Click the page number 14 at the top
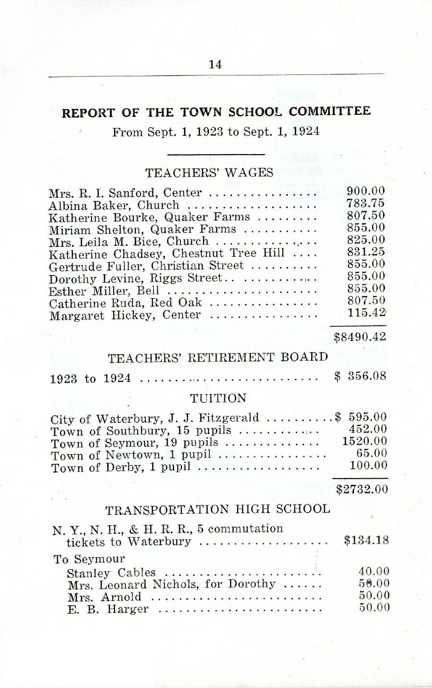(x=216, y=65)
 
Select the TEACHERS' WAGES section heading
(x=209, y=172)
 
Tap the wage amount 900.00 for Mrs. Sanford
(x=366, y=192)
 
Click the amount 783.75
(x=366, y=204)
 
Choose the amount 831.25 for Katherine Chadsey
(x=366, y=252)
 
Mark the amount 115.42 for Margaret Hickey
(x=366, y=313)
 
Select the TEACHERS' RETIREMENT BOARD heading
(x=218, y=358)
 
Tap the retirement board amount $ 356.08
(x=360, y=377)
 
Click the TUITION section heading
(x=218, y=398)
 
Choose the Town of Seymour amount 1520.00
(x=364, y=441)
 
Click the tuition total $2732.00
(x=361, y=489)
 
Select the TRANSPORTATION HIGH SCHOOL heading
(x=217, y=509)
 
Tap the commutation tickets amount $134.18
(x=366, y=541)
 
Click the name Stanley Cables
(x=111, y=573)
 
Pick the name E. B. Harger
(x=108, y=609)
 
